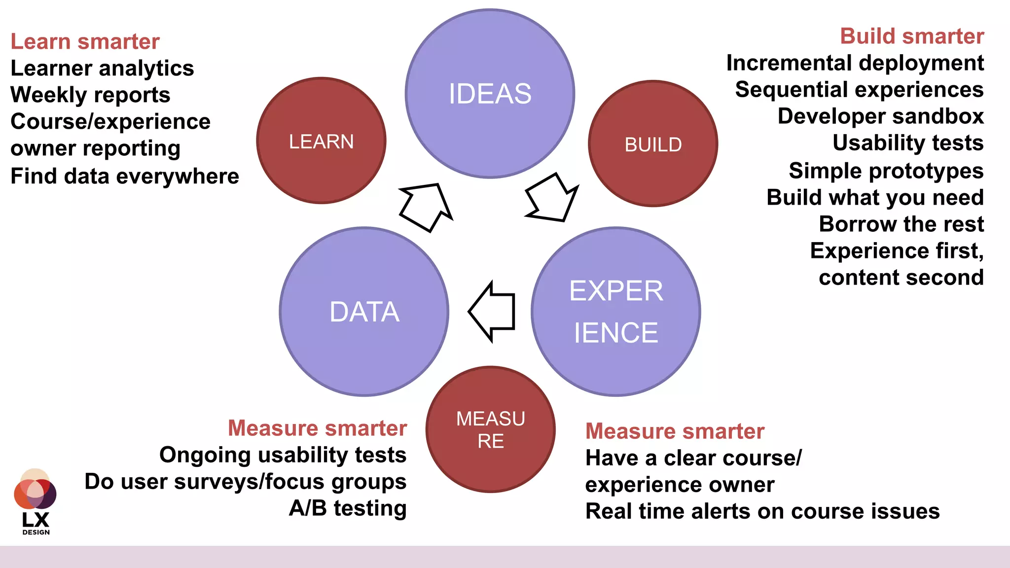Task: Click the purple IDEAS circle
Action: [x=490, y=94]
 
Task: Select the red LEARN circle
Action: [x=321, y=141]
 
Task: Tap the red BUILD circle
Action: [x=653, y=144]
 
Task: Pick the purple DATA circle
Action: [x=364, y=312]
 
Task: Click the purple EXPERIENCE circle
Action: [x=616, y=312]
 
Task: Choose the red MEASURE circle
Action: [x=490, y=429]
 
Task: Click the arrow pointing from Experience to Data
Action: [x=493, y=312]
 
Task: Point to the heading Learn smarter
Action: [x=85, y=41]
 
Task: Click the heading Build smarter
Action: [x=912, y=36]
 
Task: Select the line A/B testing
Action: [x=348, y=508]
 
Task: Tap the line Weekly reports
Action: [x=90, y=95]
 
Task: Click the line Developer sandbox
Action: [x=880, y=116]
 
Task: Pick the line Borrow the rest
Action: [x=901, y=224]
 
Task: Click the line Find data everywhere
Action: [x=125, y=176]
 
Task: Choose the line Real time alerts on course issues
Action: [x=762, y=511]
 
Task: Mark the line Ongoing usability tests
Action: [x=283, y=455]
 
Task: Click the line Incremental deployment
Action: [x=855, y=63]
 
